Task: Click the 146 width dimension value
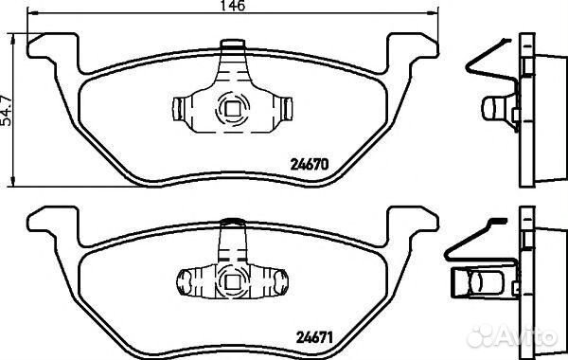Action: tap(233, 5)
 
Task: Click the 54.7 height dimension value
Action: tap(6, 110)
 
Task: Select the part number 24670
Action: tap(310, 165)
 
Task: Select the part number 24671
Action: tap(314, 338)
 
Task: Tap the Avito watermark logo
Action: tap(512, 335)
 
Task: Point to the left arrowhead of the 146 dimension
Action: tap(32, 13)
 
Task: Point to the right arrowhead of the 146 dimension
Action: tap(433, 13)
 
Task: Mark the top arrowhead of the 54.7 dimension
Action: tap(13, 39)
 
